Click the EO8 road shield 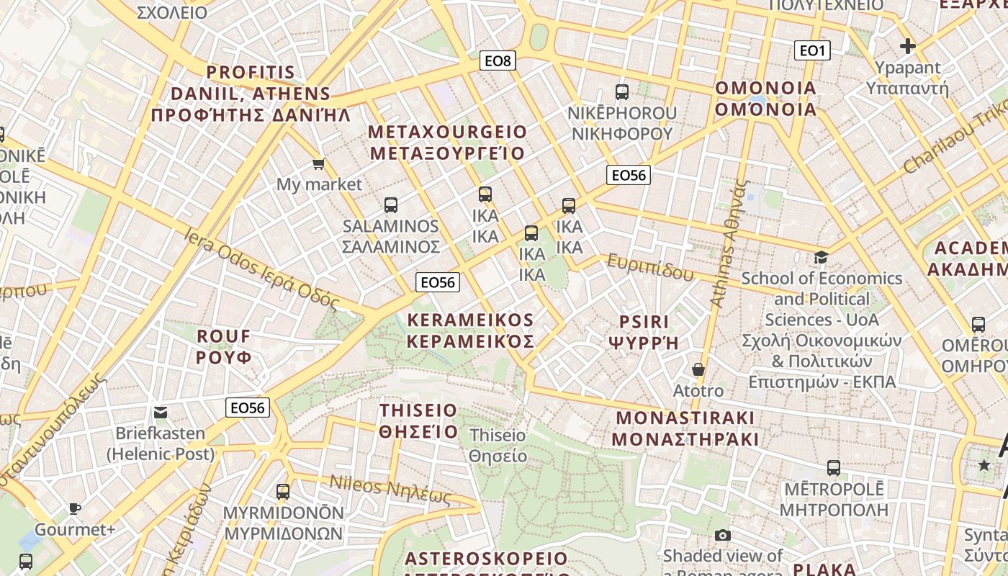click(498, 61)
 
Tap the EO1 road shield click(812, 50)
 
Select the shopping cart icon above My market click(319, 164)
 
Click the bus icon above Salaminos click(391, 205)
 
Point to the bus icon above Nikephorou click(622, 92)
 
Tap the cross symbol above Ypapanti click(907, 47)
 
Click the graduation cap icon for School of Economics click(821, 257)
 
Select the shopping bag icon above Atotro click(698, 370)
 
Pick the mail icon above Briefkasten click(161, 413)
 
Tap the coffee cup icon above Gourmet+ click(75, 509)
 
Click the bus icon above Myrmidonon click(283, 492)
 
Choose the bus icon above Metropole click(834, 468)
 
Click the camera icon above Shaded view click(723, 535)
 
